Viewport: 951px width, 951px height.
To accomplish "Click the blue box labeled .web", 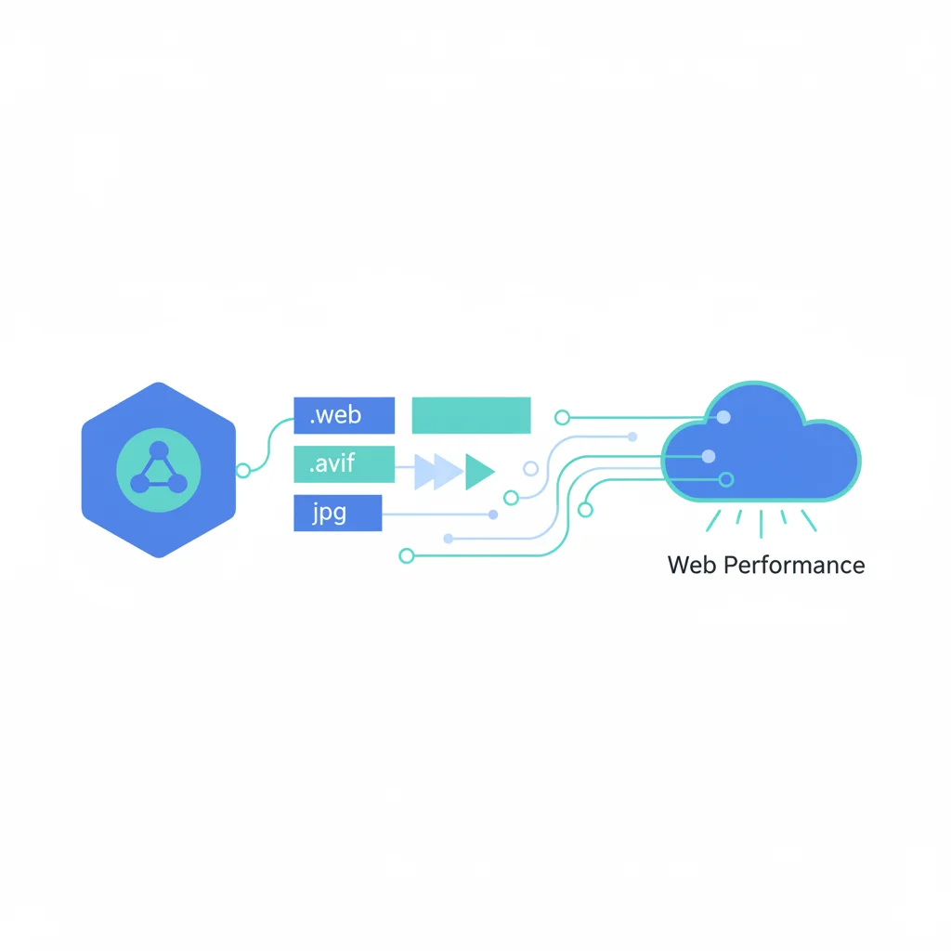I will coord(344,415).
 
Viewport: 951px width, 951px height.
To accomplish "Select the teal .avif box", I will coord(344,464).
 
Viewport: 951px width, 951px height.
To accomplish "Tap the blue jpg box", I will coord(337,513).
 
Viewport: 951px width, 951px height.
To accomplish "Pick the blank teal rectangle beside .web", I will coord(471,415).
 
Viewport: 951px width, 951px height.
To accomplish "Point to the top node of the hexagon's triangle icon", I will coord(159,450).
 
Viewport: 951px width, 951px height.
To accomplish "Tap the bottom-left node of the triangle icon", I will coord(139,484).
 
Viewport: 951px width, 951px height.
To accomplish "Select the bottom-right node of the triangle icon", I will coord(178,484).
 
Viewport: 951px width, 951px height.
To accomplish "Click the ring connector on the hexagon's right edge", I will coord(243,470).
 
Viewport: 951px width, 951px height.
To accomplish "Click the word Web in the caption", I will coord(690,565).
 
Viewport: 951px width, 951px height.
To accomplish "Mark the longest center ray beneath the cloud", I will coord(761,524).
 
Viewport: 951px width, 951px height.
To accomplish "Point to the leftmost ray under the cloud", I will coord(713,520).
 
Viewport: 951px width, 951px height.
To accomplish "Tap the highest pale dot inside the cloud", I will coord(723,419).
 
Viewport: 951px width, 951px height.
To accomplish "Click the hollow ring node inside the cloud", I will coord(726,479).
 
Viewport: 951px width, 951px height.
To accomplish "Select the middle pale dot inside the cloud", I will coord(709,456).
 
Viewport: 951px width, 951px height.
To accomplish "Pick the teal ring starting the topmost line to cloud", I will coord(561,418).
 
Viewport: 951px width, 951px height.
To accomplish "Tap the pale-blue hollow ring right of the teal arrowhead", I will coord(531,468).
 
